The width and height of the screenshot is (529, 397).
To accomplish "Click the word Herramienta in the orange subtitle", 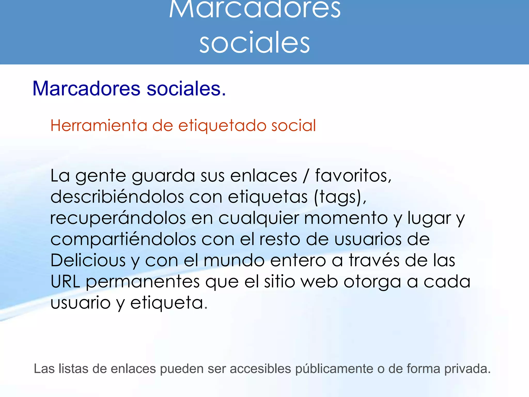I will [x=98, y=126].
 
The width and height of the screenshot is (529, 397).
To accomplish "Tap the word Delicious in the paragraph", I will [x=88, y=260].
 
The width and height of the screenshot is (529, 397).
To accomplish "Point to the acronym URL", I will [x=65, y=281].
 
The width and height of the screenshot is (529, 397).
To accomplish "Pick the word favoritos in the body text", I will [x=353, y=176].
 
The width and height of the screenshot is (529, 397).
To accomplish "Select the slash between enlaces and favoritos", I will [x=306, y=176].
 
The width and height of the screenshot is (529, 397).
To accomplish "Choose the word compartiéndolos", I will [x=123, y=239].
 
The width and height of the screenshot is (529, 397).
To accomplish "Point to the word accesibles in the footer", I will [x=260, y=369].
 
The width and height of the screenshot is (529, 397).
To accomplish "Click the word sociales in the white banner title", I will [x=254, y=43].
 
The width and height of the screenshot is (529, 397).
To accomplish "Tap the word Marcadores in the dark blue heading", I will [x=86, y=89].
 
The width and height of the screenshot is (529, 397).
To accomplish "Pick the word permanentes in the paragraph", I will [x=143, y=281].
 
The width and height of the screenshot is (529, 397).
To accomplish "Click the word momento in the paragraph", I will [x=346, y=218].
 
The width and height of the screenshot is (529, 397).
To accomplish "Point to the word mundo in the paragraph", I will [x=234, y=260].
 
